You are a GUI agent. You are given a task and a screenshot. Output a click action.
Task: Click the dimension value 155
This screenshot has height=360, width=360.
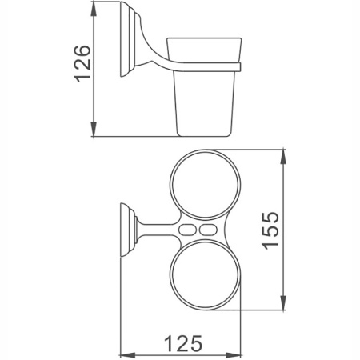pyautogui.click(x=271, y=230)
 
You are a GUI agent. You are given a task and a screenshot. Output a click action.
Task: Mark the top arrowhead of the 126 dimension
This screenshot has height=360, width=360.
pyautogui.click(x=95, y=14)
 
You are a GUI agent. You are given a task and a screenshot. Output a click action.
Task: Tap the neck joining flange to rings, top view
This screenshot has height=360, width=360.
pyautogui.click(x=152, y=229)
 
